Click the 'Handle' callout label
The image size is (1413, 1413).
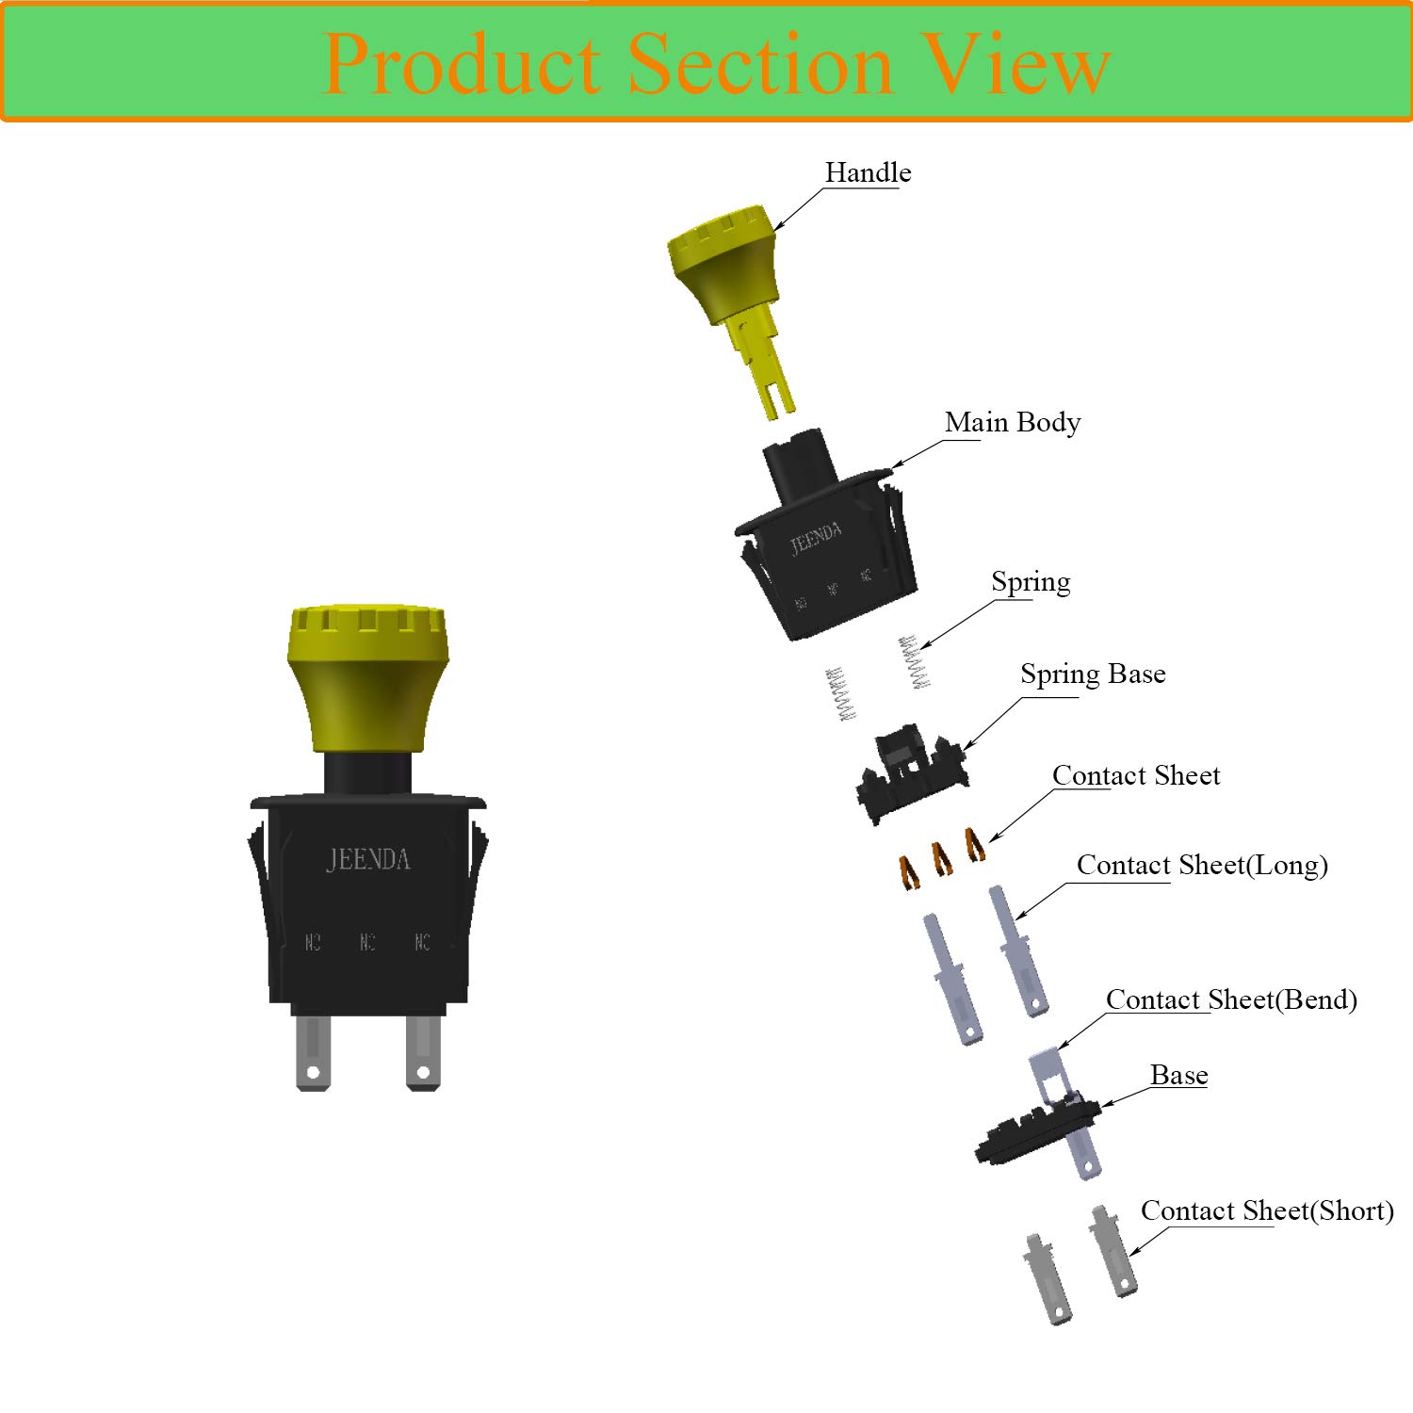point(868,172)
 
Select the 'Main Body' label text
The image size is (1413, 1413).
point(1012,422)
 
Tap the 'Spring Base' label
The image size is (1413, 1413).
point(1093,674)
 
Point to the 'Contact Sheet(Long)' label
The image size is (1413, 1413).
point(1201,865)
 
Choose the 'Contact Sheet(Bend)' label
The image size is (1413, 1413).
point(1230,999)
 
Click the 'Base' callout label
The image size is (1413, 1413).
point(1178,1075)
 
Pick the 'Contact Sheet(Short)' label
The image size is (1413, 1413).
point(1266,1210)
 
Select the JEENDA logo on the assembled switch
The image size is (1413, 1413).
point(367,859)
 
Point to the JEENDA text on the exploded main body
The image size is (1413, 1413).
point(815,539)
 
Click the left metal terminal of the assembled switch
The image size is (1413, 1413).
point(313,1052)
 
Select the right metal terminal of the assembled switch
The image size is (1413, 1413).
point(423,1052)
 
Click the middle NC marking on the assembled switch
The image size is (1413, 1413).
point(367,942)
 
